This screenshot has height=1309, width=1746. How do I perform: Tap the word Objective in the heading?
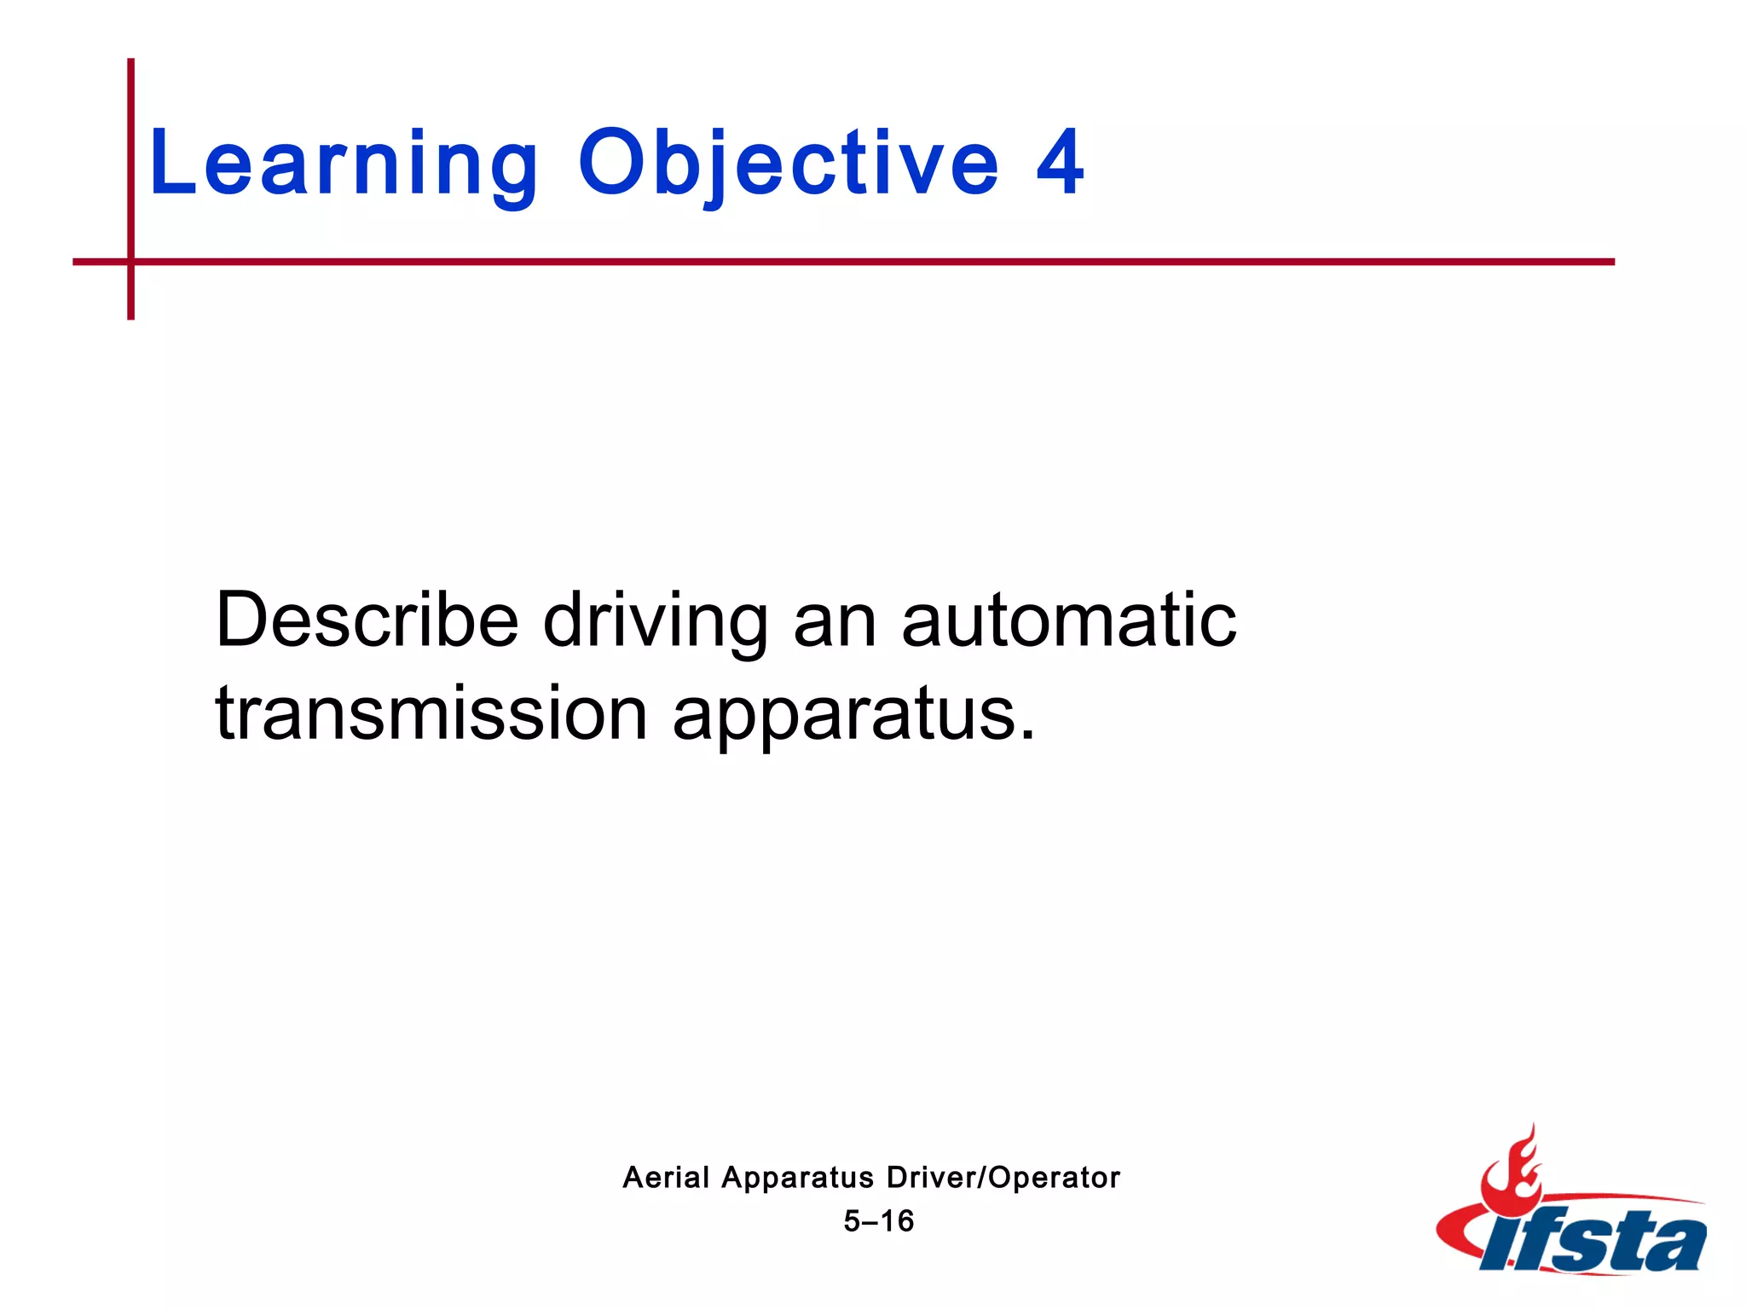point(788,164)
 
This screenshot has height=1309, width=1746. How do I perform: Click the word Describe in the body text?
point(367,620)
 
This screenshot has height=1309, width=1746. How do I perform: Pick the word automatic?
point(1069,620)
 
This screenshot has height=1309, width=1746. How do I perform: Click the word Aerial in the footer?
point(666,1177)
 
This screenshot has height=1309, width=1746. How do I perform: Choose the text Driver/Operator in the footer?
point(1003,1177)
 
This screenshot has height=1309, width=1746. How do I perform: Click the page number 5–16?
point(878,1221)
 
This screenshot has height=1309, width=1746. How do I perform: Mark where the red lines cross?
point(131,262)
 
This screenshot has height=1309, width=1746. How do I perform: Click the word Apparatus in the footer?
point(797,1178)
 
